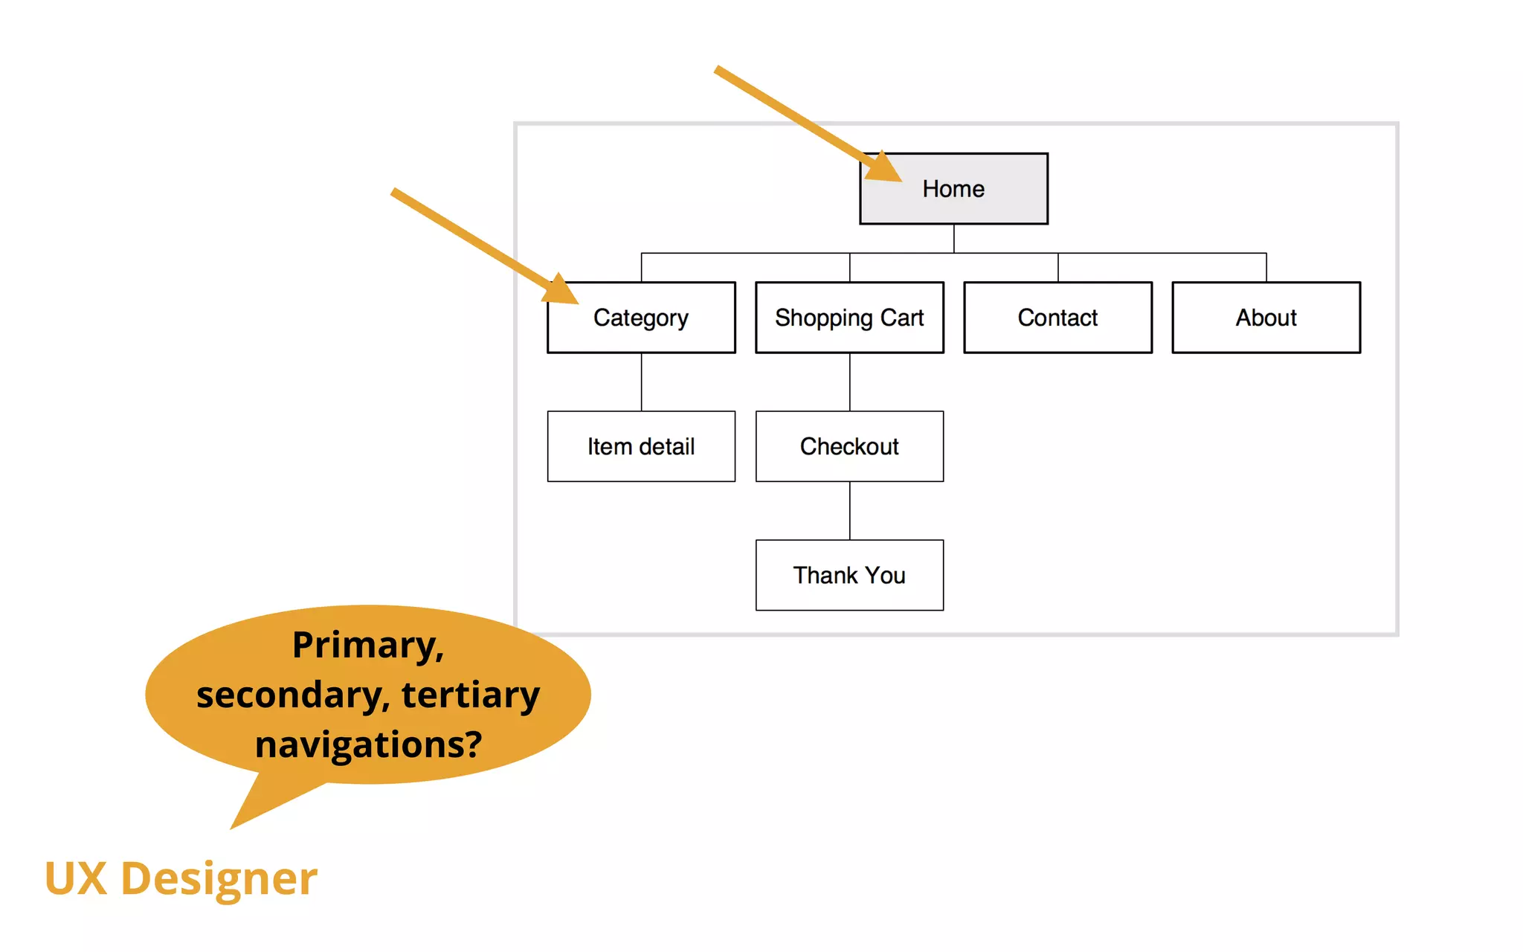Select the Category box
pos(641,318)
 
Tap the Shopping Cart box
pos(849,318)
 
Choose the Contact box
pos(1057,318)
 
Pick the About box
pos(1266,318)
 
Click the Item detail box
pos(641,447)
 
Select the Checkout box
pos(849,447)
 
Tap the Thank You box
pos(849,576)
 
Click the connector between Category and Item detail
pos(641,382)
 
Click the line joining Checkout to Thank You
pos(849,511)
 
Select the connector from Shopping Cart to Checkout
pos(849,382)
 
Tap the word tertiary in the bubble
pos(470,695)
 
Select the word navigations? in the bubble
pos(368,744)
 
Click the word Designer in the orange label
pos(219,879)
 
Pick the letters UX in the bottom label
pos(75,879)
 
